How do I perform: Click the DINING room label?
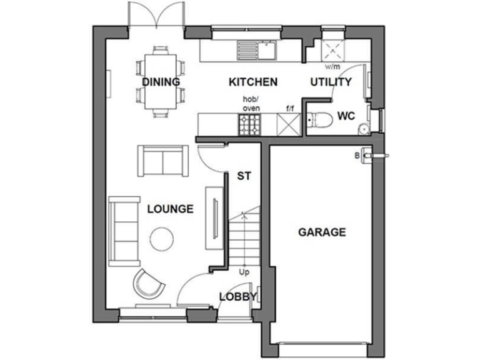click(x=161, y=82)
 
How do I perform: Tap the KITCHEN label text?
click(x=252, y=82)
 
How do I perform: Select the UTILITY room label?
click(x=331, y=82)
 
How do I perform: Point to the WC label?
click(x=347, y=116)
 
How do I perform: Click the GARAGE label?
click(x=321, y=232)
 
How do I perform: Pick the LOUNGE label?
click(x=170, y=209)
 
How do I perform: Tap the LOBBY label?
click(x=237, y=297)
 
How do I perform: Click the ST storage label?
click(x=243, y=176)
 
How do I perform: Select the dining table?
click(x=161, y=81)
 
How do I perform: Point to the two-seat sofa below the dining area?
click(x=162, y=161)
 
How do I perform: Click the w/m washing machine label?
click(x=330, y=66)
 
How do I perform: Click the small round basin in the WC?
click(x=362, y=129)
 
